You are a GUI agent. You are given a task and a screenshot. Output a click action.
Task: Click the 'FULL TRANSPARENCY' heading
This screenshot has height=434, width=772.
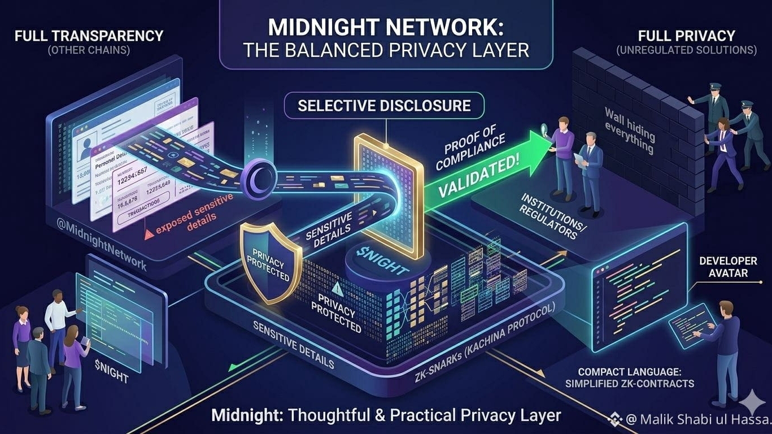pyautogui.click(x=89, y=36)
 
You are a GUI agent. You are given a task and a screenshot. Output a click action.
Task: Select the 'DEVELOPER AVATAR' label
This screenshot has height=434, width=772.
pyautogui.click(x=727, y=267)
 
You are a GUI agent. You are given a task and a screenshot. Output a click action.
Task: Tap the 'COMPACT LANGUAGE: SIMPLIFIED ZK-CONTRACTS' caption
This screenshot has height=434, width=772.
pyautogui.click(x=635, y=378)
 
